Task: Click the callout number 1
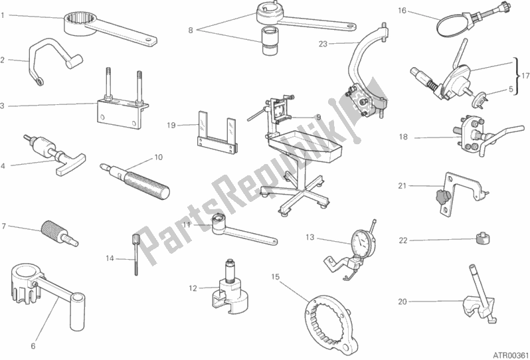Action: point(3,15)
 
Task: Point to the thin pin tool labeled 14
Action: point(136,254)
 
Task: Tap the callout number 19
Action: point(171,126)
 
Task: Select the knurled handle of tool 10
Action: point(147,185)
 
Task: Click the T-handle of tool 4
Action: point(72,165)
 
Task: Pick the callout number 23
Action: point(323,44)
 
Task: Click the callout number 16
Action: point(402,11)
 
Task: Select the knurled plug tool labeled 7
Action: point(60,233)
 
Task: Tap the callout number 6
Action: point(33,346)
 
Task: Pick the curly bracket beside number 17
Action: point(517,76)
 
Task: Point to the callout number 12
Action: point(193,288)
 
